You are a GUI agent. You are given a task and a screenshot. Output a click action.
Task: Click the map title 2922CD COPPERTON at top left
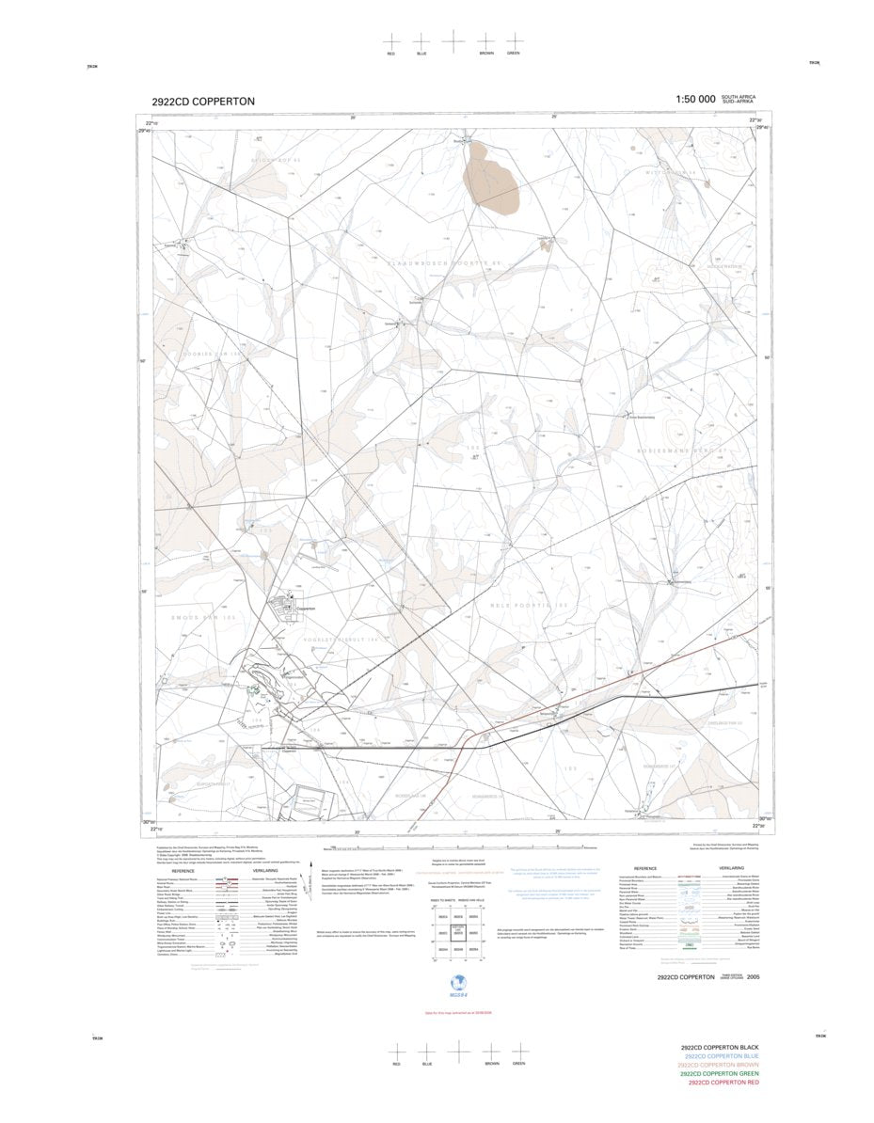pos(202,102)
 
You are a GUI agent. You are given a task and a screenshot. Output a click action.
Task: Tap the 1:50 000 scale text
pos(695,100)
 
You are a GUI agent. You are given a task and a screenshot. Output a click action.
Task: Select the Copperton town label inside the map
pos(305,609)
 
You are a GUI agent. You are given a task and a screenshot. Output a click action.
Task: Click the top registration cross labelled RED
pos(391,41)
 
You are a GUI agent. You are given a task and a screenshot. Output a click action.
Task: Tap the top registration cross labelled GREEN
pos(514,40)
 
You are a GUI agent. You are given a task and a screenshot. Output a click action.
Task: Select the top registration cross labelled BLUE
pos(421,41)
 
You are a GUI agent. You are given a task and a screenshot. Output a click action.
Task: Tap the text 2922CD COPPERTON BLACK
pos(720,1047)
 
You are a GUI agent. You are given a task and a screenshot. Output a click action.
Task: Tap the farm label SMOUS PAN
pos(202,617)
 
